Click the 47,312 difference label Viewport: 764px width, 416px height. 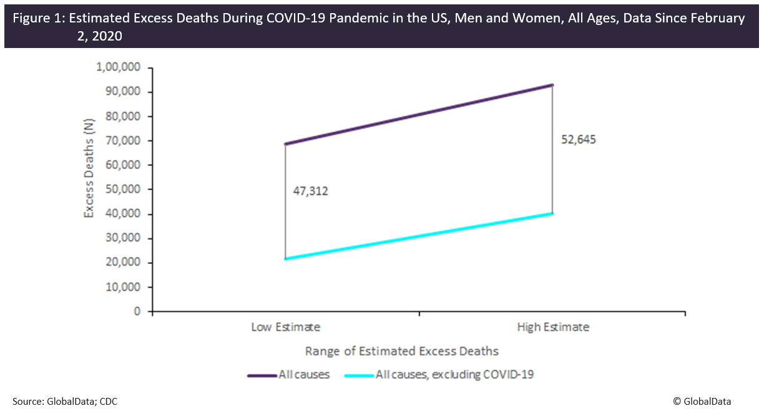click(310, 191)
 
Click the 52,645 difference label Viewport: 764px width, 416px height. click(578, 140)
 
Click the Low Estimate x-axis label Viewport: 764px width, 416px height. click(285, 327)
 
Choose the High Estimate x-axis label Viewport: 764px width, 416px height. click(552, 327)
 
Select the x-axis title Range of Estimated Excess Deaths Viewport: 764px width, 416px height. click(401, 351)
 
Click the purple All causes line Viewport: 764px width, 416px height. click(419, 115)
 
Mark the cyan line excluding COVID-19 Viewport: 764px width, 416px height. click(419, 236)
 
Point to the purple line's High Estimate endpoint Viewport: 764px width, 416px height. click(552, 85)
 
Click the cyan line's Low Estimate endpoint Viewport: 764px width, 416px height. click(285, 258)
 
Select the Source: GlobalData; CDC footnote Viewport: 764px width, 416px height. click(64, 402)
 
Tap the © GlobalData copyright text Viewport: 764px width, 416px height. click(702, 402)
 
